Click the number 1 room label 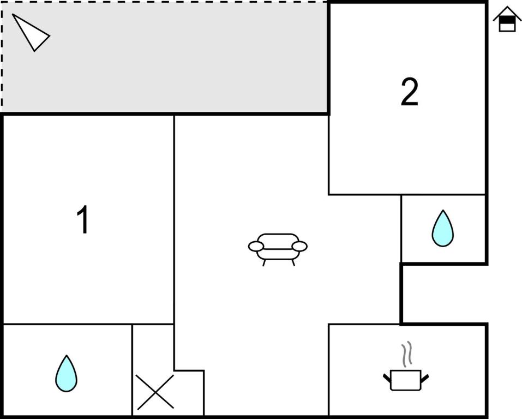[x=83, y=220]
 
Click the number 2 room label [x=409, y=92]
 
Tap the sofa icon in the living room [x=278, y=247]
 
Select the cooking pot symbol [x=406, y=379]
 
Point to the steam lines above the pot [x=406, y=355]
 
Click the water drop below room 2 [x=442, y=229]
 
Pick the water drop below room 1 [x=66, y=374]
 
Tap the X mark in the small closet [x=155, y=392]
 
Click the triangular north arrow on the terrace [x=31, y=33]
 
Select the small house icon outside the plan [x=507, y=20]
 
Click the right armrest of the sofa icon [x=299, y=247]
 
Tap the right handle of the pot [x=424, y=377]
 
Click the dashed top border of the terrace [x=164, y=2]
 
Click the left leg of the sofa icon [x=265, y=262]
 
